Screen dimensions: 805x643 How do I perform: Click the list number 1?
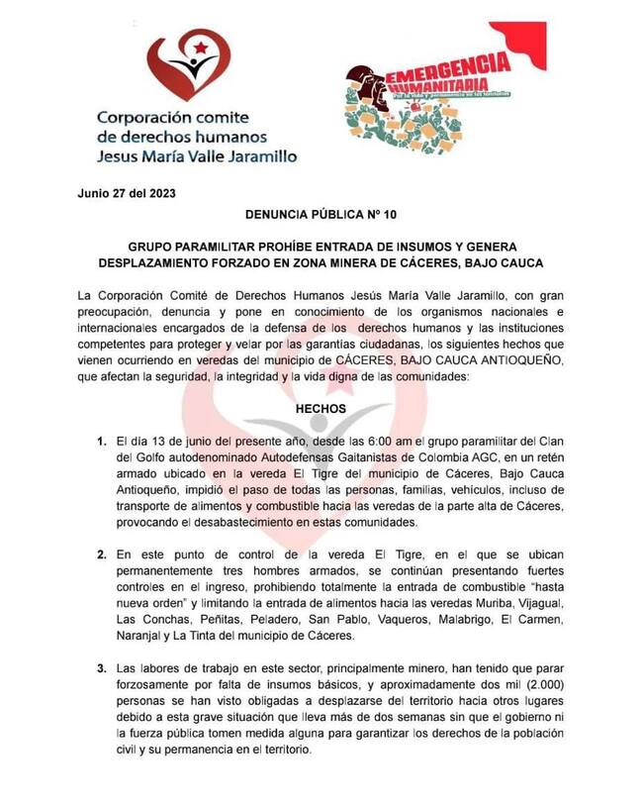(x=101, y=440)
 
